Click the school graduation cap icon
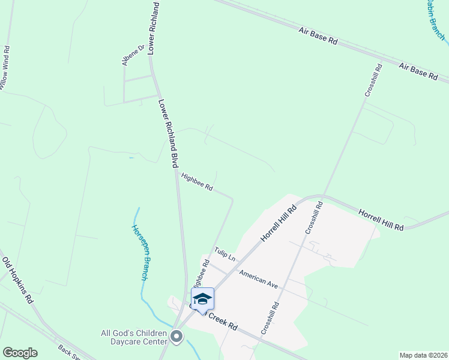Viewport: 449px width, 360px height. coord(202,298)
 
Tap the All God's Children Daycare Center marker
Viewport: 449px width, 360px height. coord(176,337)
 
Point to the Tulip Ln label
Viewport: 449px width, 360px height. coord(225,254)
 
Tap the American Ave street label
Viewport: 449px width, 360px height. coord(258,280)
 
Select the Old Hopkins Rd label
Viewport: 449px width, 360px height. coord(17,280)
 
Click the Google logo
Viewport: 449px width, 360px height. coord(20,353)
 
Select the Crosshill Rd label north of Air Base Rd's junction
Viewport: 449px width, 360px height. coord(373,81)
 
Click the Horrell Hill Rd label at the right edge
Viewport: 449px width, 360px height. coord(381,220)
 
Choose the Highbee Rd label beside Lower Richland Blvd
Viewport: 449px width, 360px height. coord(197,182)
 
